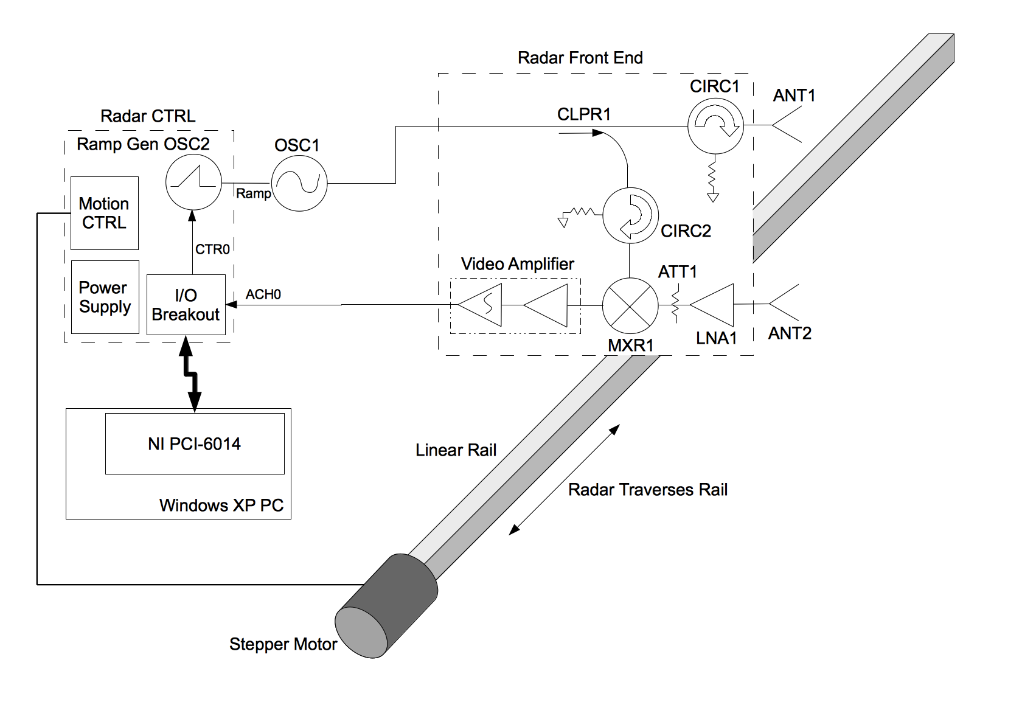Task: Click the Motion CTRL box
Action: [105, 213]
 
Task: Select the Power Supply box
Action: [105, 297]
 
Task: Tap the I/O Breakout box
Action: [186, 305]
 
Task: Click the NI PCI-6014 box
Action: [195, 444]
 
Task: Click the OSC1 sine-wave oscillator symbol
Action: [299, 183]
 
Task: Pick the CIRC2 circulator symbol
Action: [630, 215]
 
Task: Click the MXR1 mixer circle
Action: [630, 305]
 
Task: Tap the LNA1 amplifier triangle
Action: [712, 305]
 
